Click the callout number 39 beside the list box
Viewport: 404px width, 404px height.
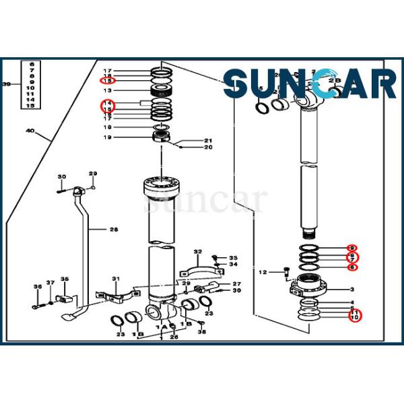[7, 84]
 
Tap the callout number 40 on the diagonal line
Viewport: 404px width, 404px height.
[29, 129]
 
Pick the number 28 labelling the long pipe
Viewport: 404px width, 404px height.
[113, 230]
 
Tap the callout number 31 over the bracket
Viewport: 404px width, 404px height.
[115, 279]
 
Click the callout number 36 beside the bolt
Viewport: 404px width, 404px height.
[37, 288]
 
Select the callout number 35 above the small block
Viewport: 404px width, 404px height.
[65, 279]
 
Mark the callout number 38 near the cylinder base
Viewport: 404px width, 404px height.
[201, 323]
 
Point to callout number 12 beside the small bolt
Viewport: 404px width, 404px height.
[263, 272]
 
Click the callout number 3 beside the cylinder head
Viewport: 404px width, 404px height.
[352, 290]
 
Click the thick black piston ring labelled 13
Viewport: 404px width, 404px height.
[162, 90]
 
